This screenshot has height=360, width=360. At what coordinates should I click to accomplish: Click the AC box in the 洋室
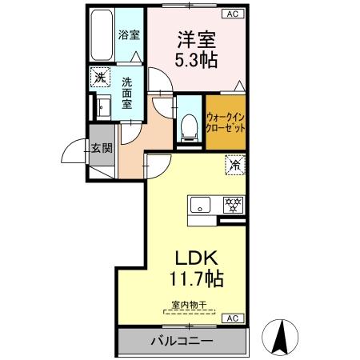click(232, 14)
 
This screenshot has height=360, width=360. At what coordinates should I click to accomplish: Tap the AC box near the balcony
click(231, 318)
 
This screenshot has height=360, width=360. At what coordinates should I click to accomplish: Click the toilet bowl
click(188, 124)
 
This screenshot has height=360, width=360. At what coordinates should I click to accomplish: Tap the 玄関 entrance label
click(101, 147)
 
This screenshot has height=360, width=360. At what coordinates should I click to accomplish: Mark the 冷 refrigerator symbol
click(234, 166)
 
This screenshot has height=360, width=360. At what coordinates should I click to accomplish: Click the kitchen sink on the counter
click(200, 204)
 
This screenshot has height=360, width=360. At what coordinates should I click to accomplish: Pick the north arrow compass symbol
click(282, 336)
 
